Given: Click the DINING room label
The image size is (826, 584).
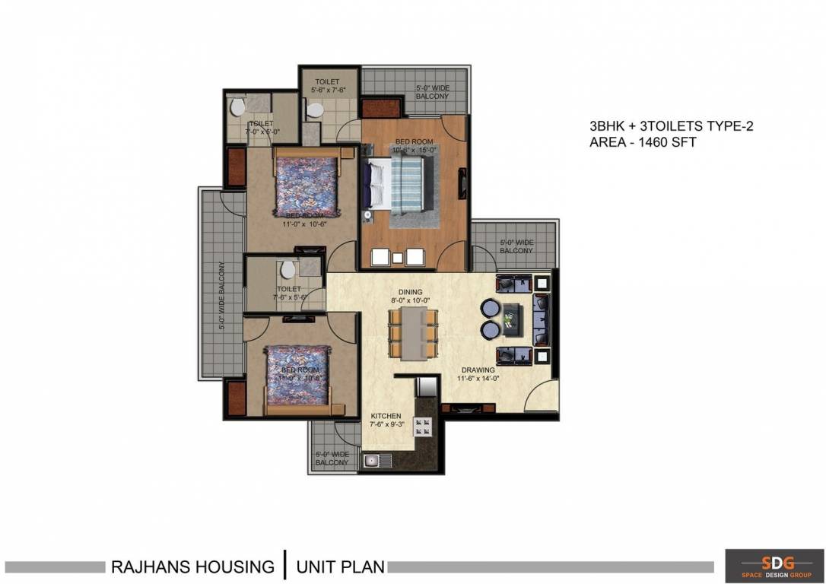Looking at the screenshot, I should click(410, 292).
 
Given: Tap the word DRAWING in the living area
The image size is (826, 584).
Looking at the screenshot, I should click(477, 370).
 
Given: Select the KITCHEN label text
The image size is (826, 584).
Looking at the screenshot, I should click(386, 416).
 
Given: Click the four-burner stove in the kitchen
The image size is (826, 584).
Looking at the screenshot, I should click(421, 427).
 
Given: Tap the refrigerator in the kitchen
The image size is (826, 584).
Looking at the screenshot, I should click(426, 387).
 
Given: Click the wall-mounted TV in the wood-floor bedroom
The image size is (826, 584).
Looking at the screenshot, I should click(461, 184).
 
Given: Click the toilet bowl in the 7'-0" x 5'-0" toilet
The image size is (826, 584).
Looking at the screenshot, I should click(237, 106).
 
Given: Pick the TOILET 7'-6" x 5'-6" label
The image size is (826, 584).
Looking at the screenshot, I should click(289, 293).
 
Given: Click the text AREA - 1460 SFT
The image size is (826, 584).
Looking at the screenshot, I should click(642, 141).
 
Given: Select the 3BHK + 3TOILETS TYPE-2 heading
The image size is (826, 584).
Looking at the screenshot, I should click(670, 126).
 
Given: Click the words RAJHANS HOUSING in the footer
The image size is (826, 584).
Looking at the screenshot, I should click(192, 567).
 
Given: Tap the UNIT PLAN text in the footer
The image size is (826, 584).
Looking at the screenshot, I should click(340, 567).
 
